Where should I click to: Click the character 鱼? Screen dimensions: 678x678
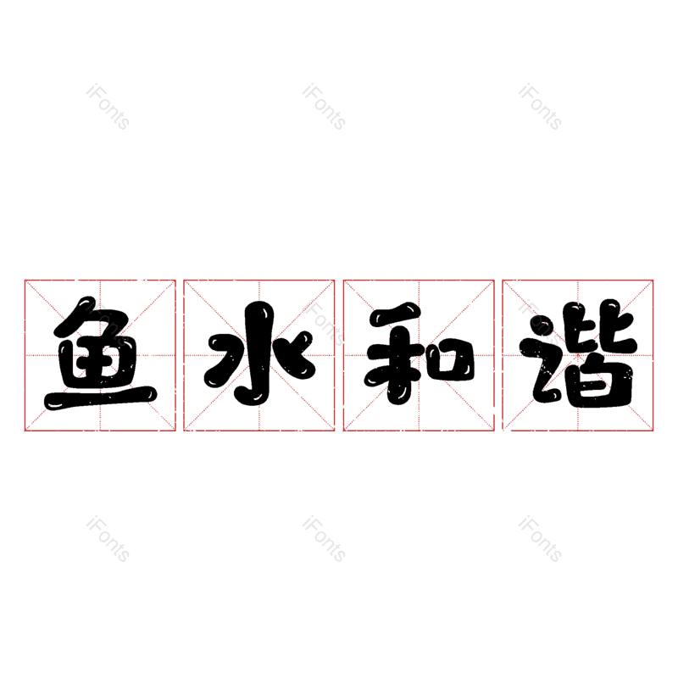click(100, 355)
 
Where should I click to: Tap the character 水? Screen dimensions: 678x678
click(258, 355)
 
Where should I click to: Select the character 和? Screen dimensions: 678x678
click(419, 355)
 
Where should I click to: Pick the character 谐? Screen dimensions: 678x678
click(578, 355)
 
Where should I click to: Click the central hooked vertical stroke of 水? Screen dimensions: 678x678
click(254, 356)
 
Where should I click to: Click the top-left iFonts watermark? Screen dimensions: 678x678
click(108, 107)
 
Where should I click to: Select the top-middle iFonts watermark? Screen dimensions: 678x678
click(324, 107)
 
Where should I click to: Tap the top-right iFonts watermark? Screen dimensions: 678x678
click(540, 107)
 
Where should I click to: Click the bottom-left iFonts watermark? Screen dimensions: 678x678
click(108, 540)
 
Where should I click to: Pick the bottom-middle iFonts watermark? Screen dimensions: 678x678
click(324, 540)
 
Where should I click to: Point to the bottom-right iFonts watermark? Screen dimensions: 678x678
click(540, 540)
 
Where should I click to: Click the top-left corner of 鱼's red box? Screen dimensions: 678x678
click(25, 280)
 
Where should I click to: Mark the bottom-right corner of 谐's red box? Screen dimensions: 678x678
click(653, 431)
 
